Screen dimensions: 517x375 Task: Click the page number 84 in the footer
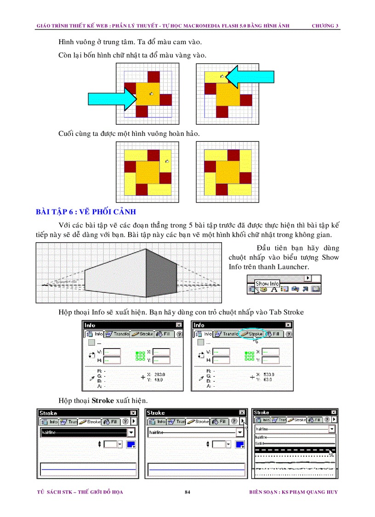tap(187, 492)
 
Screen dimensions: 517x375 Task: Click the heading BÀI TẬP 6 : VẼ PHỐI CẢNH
tap(86, 212)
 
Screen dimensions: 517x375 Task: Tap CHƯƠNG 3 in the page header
tap(325, 25)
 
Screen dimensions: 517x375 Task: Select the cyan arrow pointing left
tap(251, 76)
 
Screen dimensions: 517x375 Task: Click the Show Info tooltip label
tap(267, 284)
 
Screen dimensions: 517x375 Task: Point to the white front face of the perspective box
tap(115, 278)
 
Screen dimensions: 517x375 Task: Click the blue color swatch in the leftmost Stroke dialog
tap(131, 444)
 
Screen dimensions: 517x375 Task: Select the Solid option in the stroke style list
tap(260, 443)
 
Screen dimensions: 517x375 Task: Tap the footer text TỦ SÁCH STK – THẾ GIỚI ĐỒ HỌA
tap(80, 492)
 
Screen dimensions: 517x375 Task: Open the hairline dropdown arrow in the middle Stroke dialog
tap(239, 432)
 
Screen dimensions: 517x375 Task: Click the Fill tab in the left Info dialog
tap(164, 334)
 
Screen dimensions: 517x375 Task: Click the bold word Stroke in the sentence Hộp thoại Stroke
tap(102, 401)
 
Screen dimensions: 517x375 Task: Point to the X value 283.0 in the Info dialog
tap(159, 374)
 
